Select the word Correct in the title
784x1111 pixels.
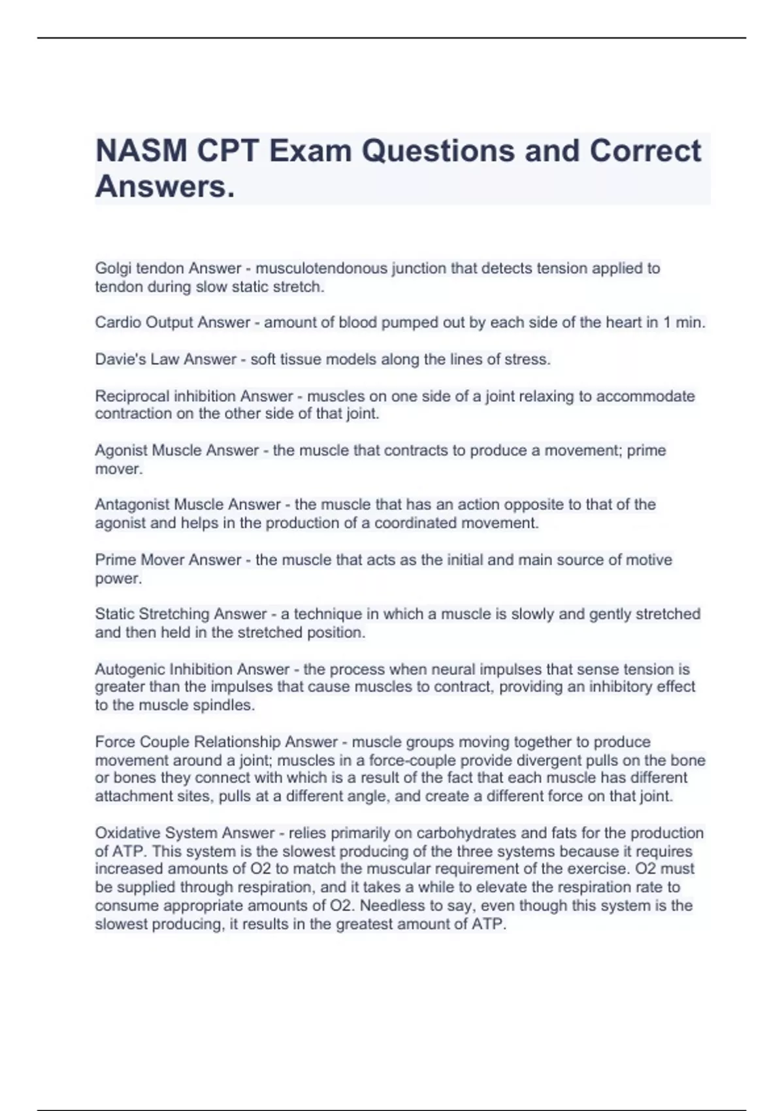645,152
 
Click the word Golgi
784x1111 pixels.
113,269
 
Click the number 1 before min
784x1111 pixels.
667,323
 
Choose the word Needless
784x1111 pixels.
391,906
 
